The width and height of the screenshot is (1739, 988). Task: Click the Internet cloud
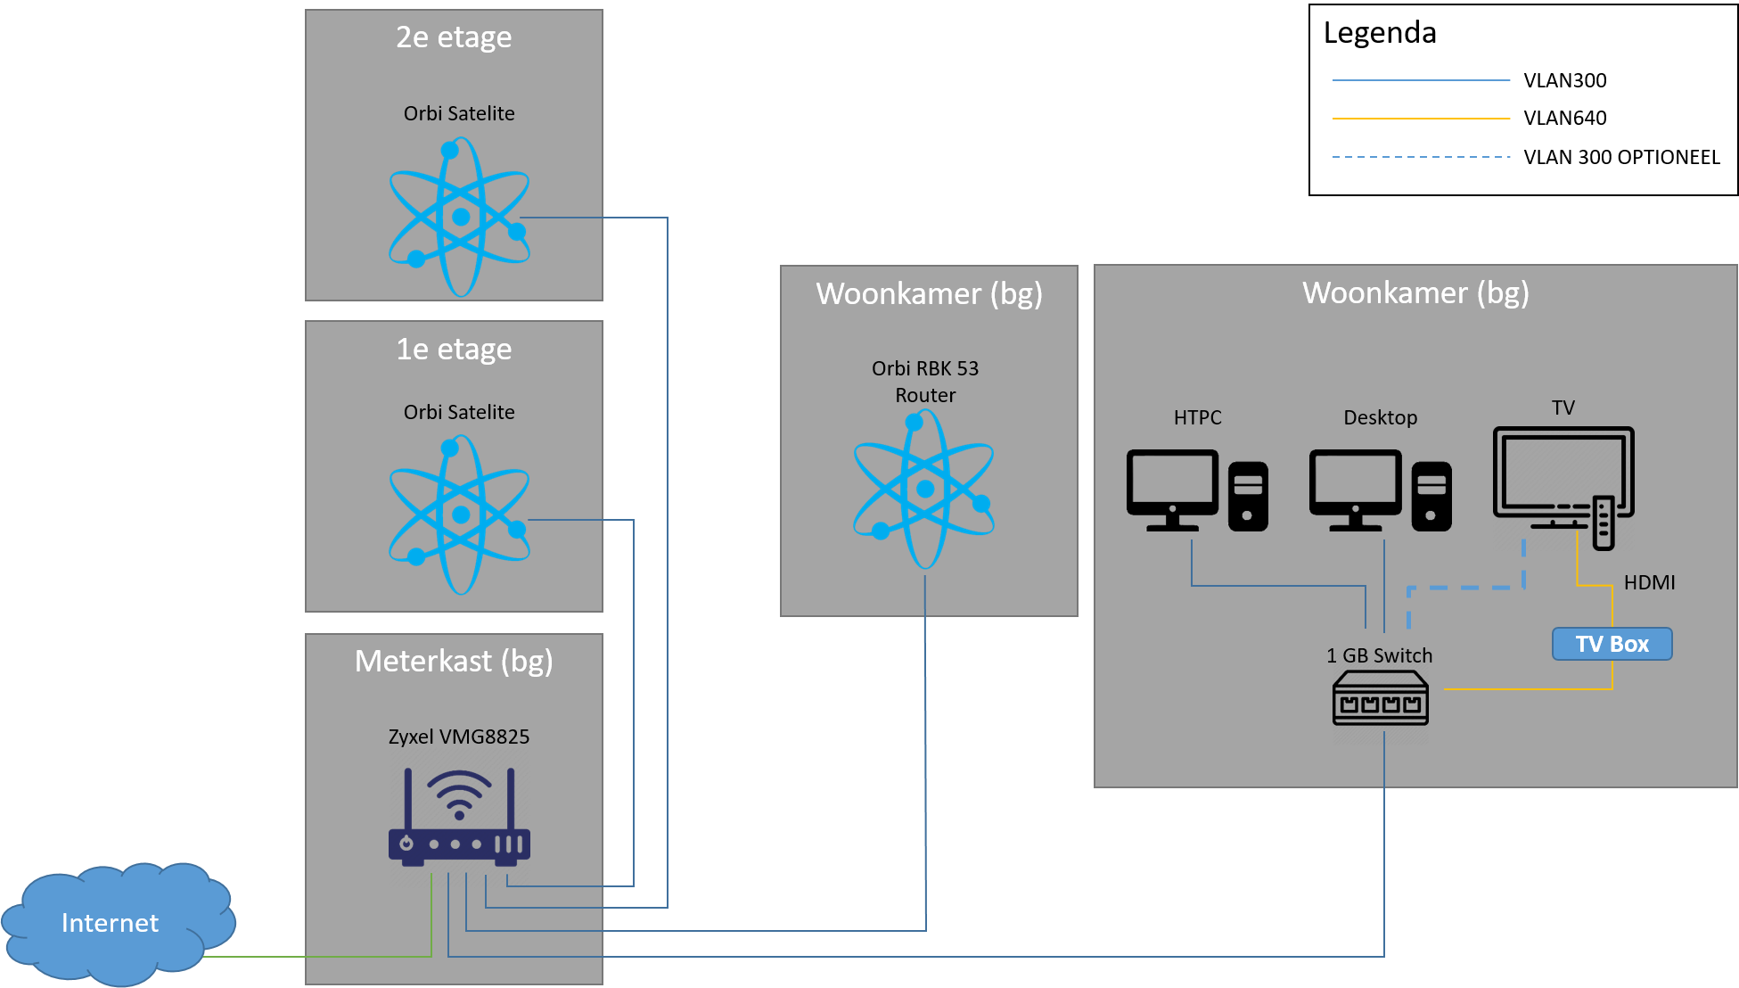pos(116,924)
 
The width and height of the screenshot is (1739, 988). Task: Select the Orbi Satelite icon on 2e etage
pos(459,217)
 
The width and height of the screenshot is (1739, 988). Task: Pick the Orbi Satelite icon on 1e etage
pos(459,515)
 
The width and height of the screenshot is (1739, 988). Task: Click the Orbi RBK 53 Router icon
pos(924,489)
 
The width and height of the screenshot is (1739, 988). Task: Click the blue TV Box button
pos(1612,644)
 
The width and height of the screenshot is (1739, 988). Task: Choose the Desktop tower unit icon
pos(1431,496)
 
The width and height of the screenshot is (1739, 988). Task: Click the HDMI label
pos(1649,582)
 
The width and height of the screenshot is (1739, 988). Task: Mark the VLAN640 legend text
pos(1565,118)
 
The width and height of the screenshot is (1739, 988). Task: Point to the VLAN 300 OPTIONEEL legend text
pos(1621,157)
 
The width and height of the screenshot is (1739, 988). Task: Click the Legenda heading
pos(1380,33)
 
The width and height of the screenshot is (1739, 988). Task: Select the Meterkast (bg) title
pos(454,662)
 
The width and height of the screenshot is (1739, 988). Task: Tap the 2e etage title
pos(454,37)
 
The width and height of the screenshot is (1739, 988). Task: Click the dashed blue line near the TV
pos(1466,588)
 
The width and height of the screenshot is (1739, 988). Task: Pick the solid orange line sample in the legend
pos(1421,118)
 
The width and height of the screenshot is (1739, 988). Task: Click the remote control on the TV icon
pos(1603,523)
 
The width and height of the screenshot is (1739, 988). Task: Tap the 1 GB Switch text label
pos(1379,655)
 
